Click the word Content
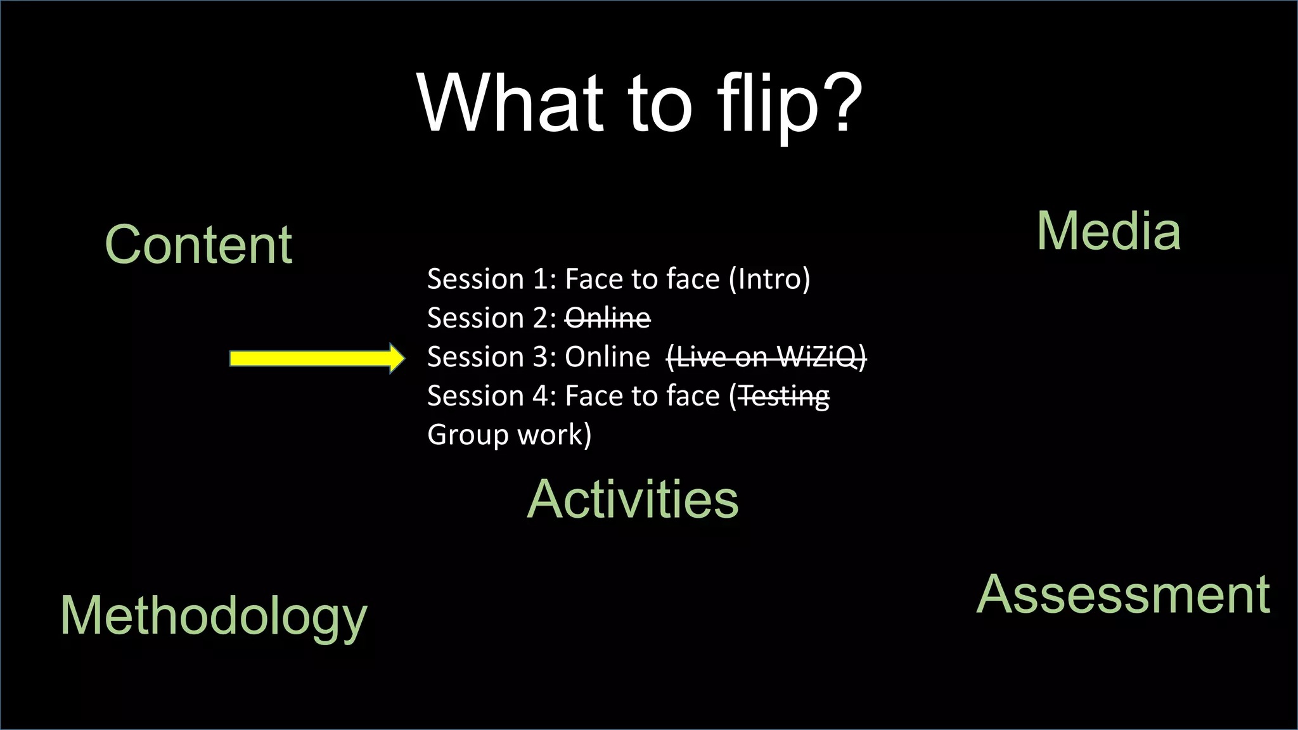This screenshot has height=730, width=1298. (198, 245)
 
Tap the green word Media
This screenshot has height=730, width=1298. (1108, 231)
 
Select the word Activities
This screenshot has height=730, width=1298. (633, 499)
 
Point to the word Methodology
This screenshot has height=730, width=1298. (214, 616)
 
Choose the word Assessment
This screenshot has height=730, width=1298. (1123, 595)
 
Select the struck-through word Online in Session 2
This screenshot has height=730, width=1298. (607, 318)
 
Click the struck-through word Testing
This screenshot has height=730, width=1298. (784, 397)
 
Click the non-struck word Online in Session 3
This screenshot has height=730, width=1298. (607, 357)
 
